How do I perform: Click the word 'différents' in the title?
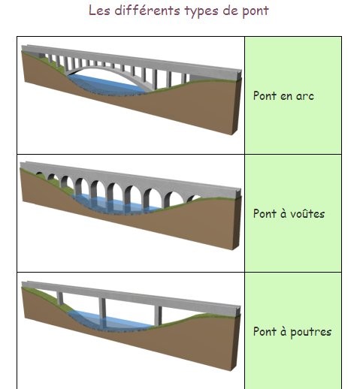147,11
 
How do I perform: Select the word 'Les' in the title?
99,11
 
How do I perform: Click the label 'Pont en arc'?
283,95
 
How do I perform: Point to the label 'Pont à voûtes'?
289,213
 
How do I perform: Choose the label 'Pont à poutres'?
292,332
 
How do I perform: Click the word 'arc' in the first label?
305,96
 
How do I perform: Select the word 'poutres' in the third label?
311,333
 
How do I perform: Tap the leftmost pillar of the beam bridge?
59,298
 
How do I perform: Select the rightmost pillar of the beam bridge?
158,315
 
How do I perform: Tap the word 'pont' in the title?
256,12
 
